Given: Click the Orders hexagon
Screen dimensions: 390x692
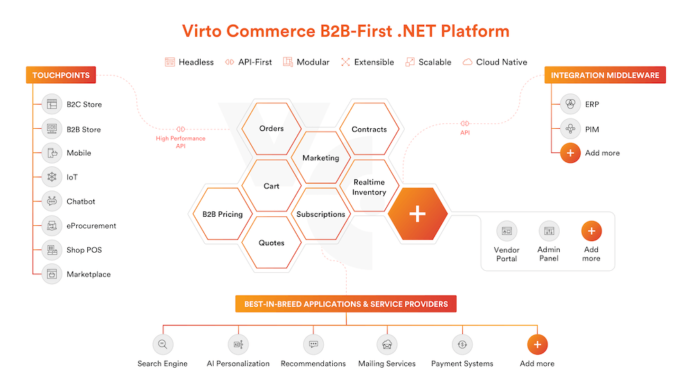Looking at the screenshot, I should (x=271, y=129).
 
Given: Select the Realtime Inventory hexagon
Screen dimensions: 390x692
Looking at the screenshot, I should (x=369, y=187).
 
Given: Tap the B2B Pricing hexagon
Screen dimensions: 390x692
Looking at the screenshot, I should (x=222, y=215).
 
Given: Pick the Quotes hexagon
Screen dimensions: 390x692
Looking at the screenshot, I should (x=271, y=242).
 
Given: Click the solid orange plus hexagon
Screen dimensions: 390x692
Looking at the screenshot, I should (x=417, y=214).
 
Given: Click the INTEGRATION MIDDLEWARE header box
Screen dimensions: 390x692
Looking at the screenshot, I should (x=605, y=76).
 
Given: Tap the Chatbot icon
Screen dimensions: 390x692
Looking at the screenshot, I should (x=52, y=202).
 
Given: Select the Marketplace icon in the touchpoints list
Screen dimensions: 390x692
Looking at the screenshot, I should (x=52, y=274).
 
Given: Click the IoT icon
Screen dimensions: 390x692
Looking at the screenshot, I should (x=52, y=177).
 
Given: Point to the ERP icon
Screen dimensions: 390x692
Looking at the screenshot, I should (x=570, y=105).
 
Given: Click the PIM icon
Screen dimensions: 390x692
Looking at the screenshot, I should (x=570, y=129).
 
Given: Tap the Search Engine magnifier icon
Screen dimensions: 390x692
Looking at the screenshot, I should (x=163, y=344).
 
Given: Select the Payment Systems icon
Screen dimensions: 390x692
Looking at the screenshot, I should (x=462, y=344).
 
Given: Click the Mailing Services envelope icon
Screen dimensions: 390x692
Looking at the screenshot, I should (x=387, y=344).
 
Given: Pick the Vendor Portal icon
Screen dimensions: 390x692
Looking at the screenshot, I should (x=507, y=231).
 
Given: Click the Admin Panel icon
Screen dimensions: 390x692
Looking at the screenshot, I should (x=549, y=231).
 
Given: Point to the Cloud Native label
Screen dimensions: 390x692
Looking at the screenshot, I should (x=501, y=62).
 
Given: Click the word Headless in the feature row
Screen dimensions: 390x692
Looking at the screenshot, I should (x=196, y=62).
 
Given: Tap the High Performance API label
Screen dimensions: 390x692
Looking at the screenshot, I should (x=181, y=142).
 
